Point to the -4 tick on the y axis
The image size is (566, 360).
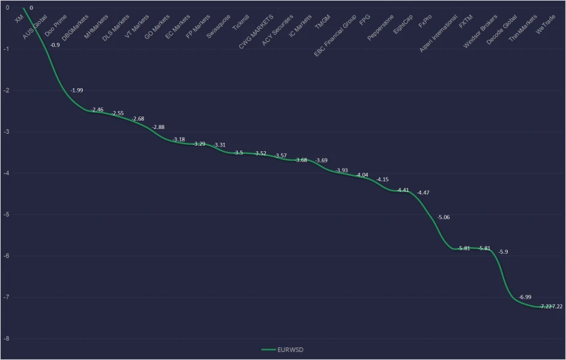6,173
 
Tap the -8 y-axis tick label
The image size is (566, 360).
6,339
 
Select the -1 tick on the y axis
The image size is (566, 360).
6,49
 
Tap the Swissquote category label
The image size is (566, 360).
218,26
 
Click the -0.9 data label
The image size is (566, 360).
55,45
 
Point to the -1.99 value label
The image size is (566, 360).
77,90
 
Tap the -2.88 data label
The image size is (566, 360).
159,127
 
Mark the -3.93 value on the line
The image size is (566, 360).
342,170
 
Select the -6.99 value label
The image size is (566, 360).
526,297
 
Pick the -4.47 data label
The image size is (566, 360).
424,193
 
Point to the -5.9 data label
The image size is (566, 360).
503,251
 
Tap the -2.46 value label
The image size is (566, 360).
97,110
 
